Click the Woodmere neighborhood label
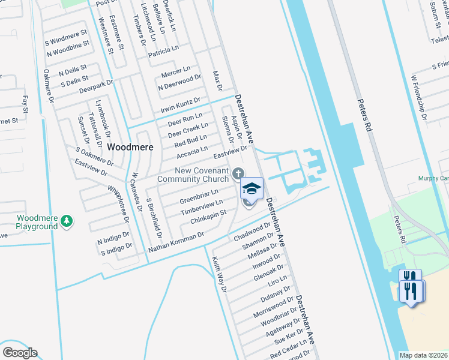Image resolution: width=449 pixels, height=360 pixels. (130, 146)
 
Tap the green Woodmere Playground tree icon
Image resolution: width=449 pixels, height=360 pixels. (67, 222)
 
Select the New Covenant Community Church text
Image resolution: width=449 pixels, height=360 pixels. (193, 175)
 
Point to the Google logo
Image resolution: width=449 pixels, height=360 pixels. (20, 353)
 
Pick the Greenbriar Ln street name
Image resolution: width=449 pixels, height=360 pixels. (199, 197)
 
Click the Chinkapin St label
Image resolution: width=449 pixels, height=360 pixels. (208, 217)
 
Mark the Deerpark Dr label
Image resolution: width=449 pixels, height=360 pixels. (96, 86)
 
